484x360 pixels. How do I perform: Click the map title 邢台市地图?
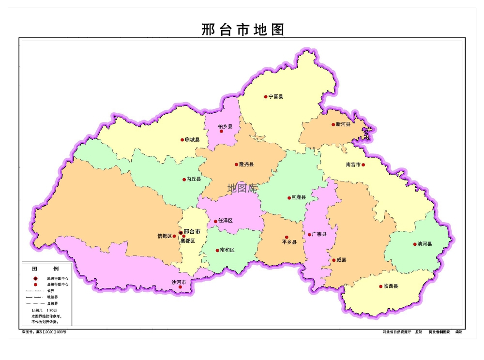pyautogui.click(x=242, y=30)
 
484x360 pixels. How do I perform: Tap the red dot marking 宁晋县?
pyautogui.click(x=266, y=97)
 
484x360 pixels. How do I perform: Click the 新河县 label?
pyautogui.click(x=343, y=124)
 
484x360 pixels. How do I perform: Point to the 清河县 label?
pyautogui.click(x=425, y=244)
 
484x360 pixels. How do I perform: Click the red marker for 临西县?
pyautogui.click(x=380, y=286)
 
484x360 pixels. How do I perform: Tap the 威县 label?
pyautogui.click(x=341, y=260)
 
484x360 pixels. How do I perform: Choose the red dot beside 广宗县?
pyautogui.click(x=310, y=235)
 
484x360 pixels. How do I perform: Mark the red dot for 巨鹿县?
pyautogui.click(x=289, y=198)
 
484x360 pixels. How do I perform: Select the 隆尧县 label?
pyautogui.click(x=246, y=165)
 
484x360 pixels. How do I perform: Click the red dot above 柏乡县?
pyautogui.click(x=221, y=131)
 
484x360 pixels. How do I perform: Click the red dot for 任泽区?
pyautogui.click(x=216, y=222)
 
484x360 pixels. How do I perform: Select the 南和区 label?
pyautogui.click(x=227, y=250)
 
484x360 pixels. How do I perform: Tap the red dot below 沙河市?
pyautogui.click(x=181, y=287)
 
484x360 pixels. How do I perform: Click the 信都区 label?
pyautogui.click(x=165, y=236)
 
